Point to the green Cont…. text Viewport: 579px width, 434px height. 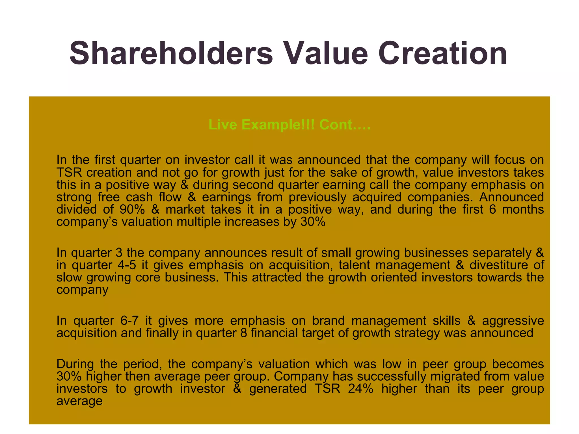pyautogui.click(x=345, y=125)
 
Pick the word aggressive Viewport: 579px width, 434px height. pyautogui.click(x=513, y=321)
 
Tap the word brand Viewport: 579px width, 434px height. pyautogui.click(x=328, y=321)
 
